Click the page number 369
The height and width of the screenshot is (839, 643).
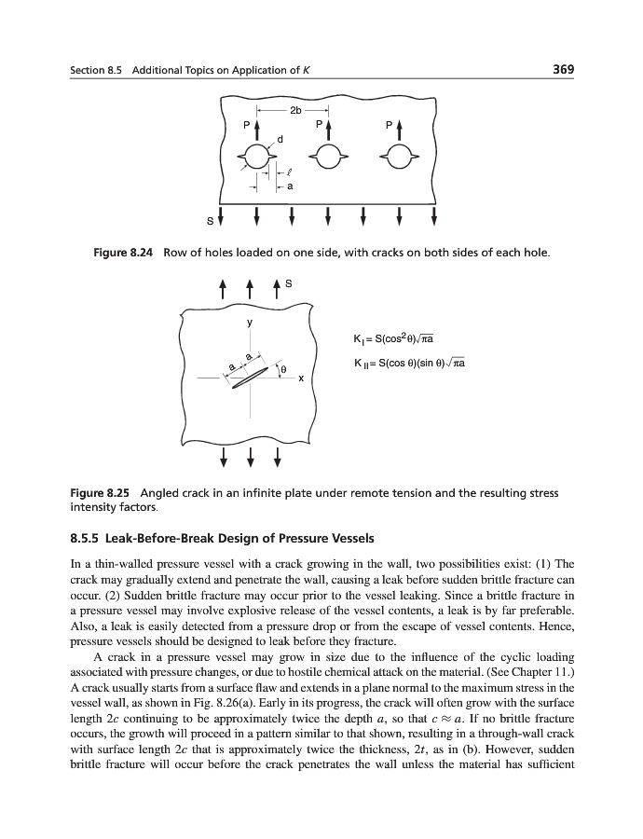click(560, 69)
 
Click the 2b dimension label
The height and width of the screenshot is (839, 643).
click(294, 110)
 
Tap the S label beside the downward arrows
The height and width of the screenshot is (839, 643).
click(211, 222)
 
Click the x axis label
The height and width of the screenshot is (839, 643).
click(300, 379)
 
